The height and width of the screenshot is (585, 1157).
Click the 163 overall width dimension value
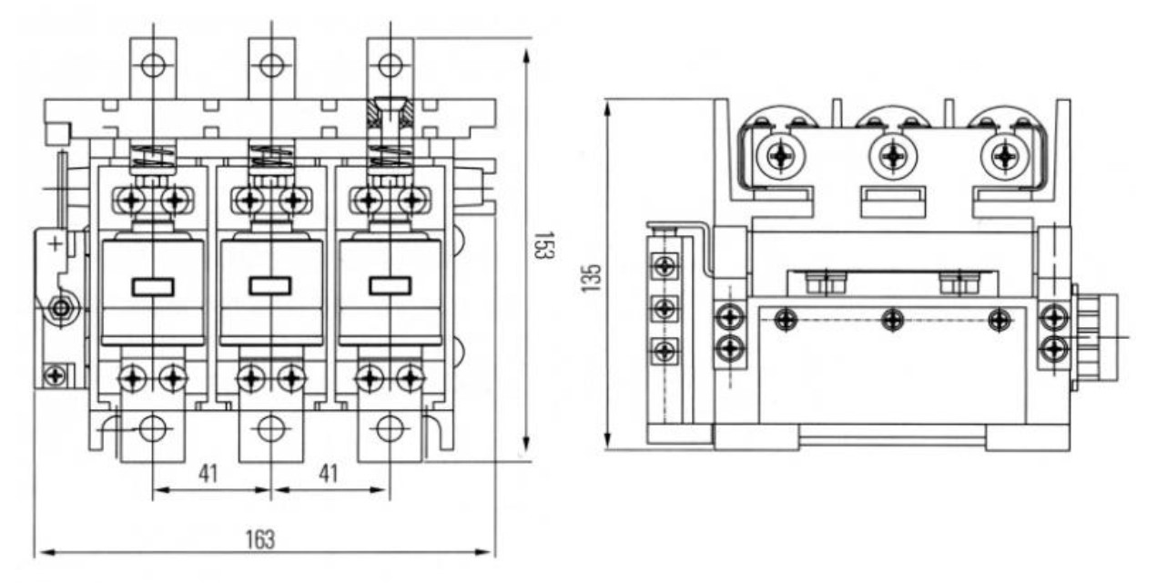[259, 539]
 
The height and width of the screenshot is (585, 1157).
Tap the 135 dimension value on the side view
[592, 278]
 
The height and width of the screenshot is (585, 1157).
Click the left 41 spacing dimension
[208, 473]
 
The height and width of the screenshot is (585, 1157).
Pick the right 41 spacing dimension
[329, 473]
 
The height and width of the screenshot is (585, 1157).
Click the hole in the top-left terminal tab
[153, 66]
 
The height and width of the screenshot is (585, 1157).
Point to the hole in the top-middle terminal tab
[271, 66]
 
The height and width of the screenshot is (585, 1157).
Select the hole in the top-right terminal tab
[391, 66]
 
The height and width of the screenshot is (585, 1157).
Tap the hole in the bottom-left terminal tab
[153, 429]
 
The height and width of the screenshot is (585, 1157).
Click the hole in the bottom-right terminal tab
[391, 429]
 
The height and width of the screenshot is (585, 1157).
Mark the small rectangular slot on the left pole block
[153, 287]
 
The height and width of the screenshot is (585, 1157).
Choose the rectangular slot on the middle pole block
[270, 286]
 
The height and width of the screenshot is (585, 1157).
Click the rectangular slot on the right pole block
[391, 286]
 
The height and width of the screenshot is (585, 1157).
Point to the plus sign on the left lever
[56, 244]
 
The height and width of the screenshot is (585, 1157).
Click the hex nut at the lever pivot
[62, 309]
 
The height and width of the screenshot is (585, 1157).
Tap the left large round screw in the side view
[780, 156]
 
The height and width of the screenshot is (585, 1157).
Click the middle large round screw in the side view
[893, 156]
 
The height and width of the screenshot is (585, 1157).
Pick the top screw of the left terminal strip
[665, 266]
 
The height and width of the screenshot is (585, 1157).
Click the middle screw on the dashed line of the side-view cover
[892, 320]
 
